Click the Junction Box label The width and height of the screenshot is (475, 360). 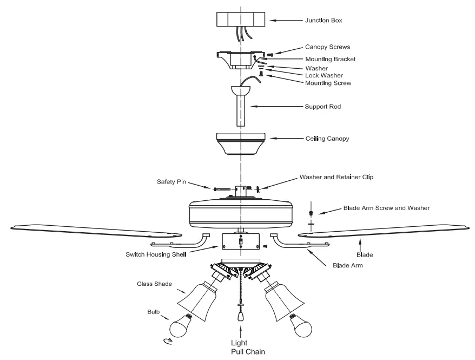click(322, 21)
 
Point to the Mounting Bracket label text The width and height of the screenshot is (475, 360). click(330, 59)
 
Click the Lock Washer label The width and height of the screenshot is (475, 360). click(324, 76)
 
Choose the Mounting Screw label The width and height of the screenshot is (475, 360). click(328, 83)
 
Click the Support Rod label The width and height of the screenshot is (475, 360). click(323, 107)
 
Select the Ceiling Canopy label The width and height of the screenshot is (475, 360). click(327, 139)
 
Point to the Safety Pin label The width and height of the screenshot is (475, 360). click(171, 182)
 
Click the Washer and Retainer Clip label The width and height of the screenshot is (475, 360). click(336, 177)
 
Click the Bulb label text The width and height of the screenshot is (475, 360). click(154, 312)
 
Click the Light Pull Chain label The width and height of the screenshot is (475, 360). click(239, 346)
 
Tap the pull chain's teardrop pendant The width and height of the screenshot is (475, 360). click(240, 313)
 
